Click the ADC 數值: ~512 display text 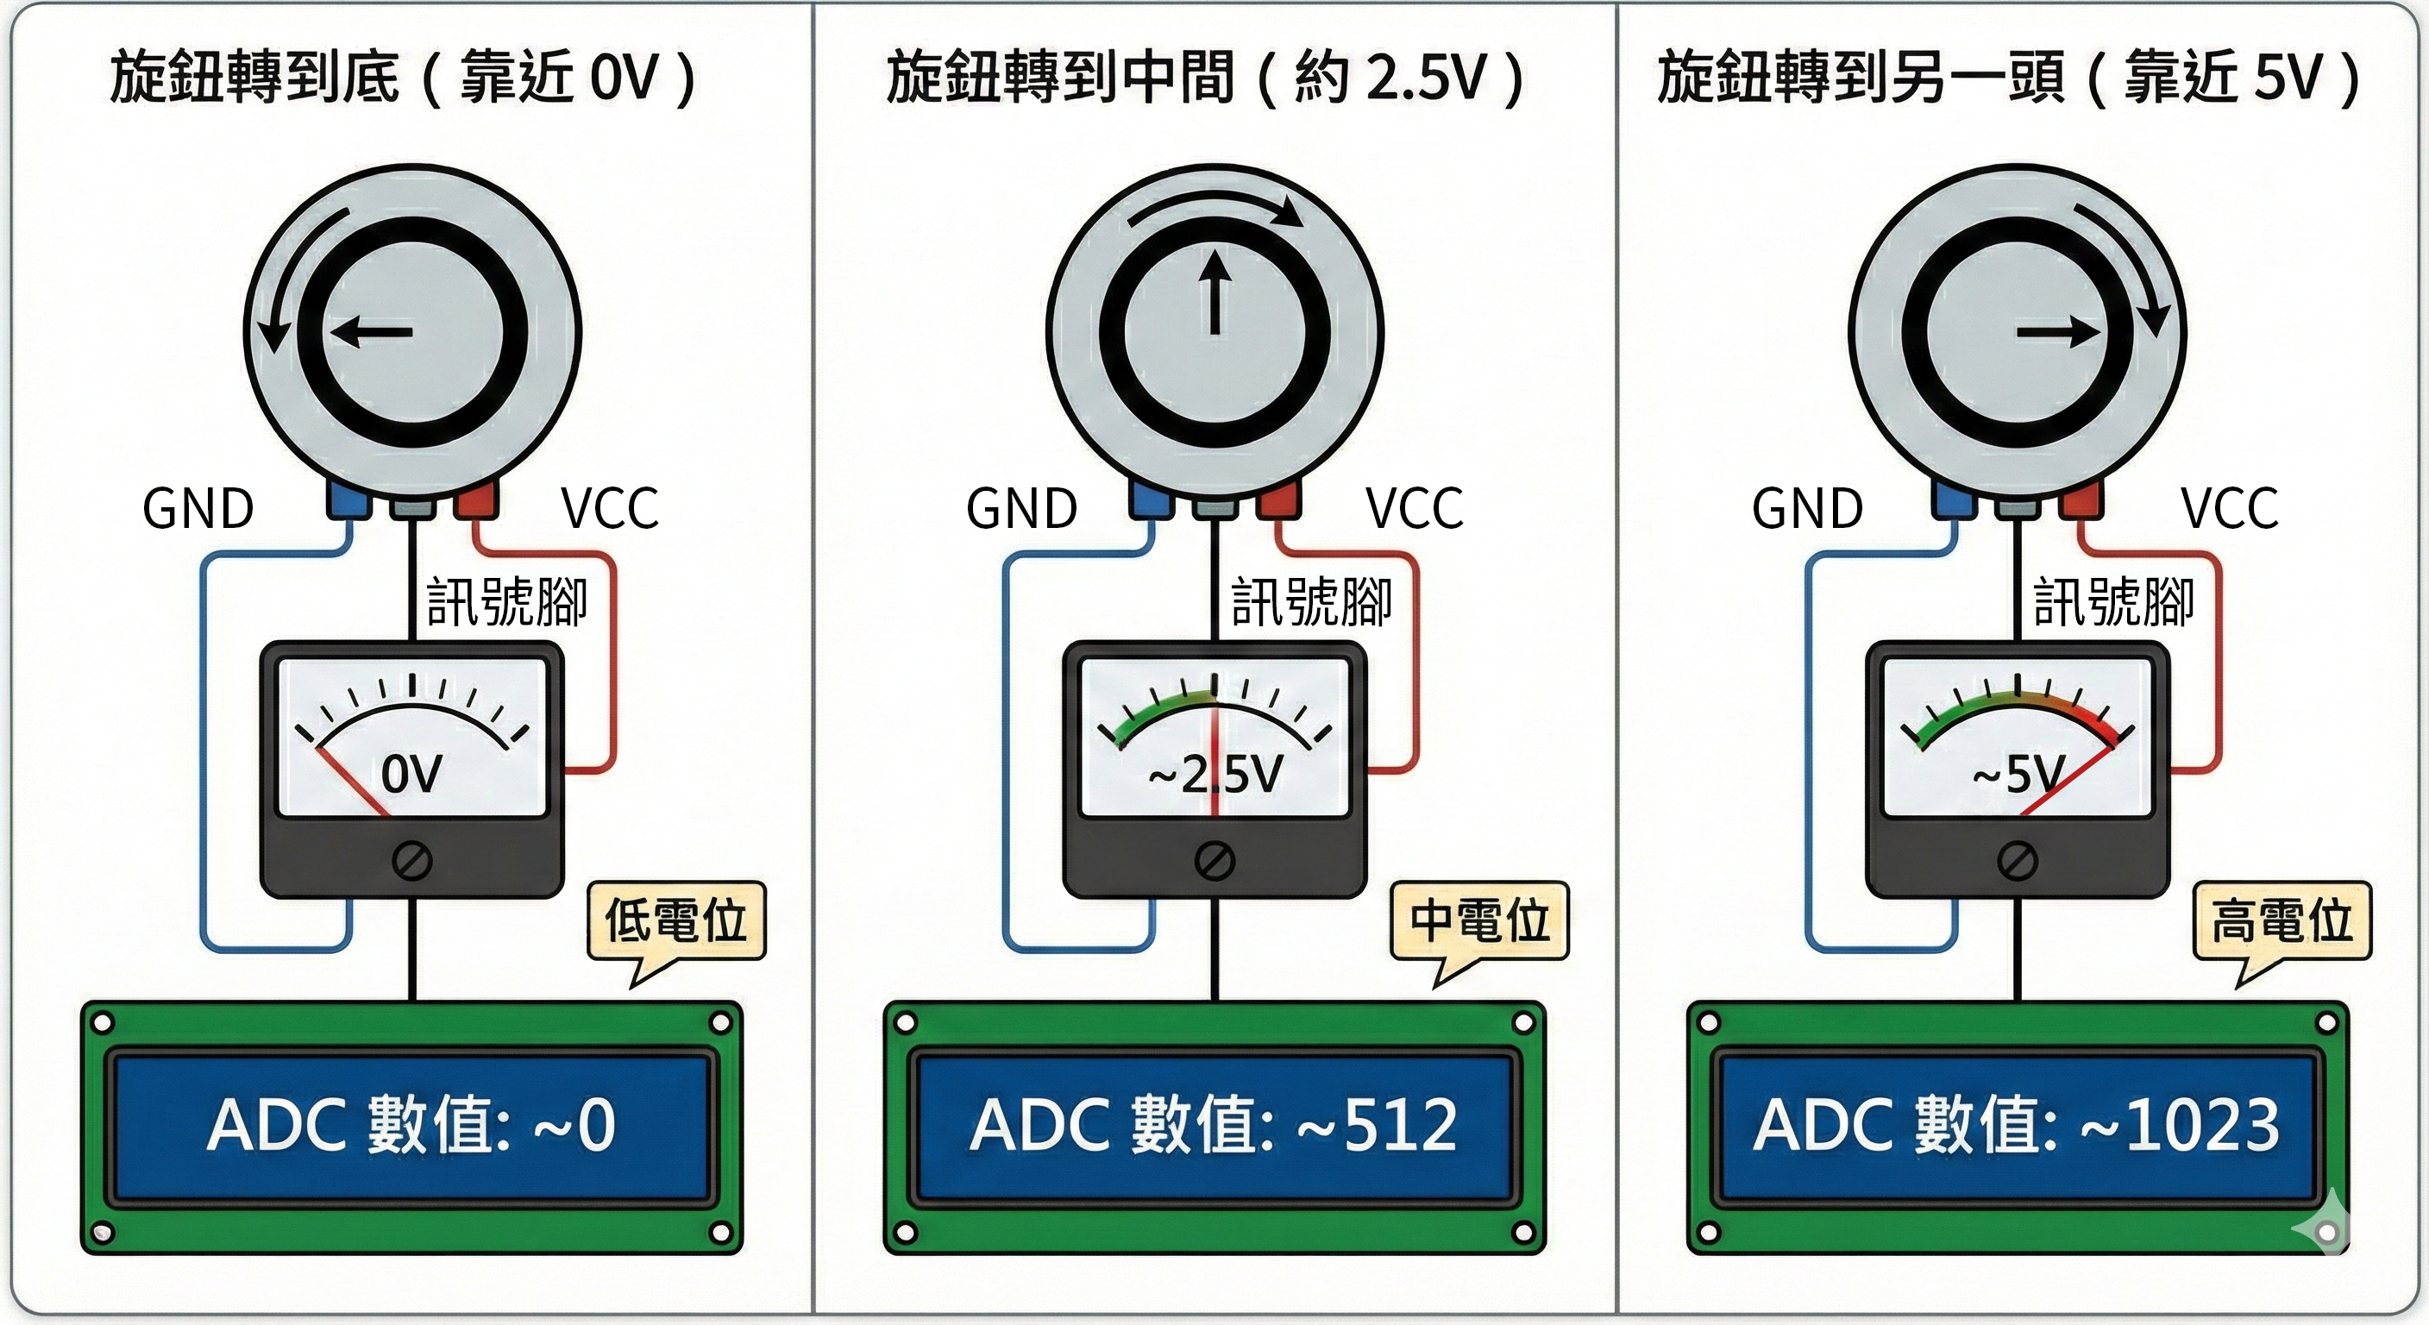click(1214, 1125)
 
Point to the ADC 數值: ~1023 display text click(2016, 1125)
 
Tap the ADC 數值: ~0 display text click(411, 1125)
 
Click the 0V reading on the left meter click(411, 775)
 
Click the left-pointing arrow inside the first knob click(372, 332)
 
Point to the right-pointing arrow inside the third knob click(2056, 332)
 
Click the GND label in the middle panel click(1021, 509)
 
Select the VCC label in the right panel click(2229, 509)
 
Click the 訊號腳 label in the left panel click(507, 603)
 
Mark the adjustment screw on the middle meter click(1214, 860)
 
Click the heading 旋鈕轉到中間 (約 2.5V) click(1204, 78)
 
